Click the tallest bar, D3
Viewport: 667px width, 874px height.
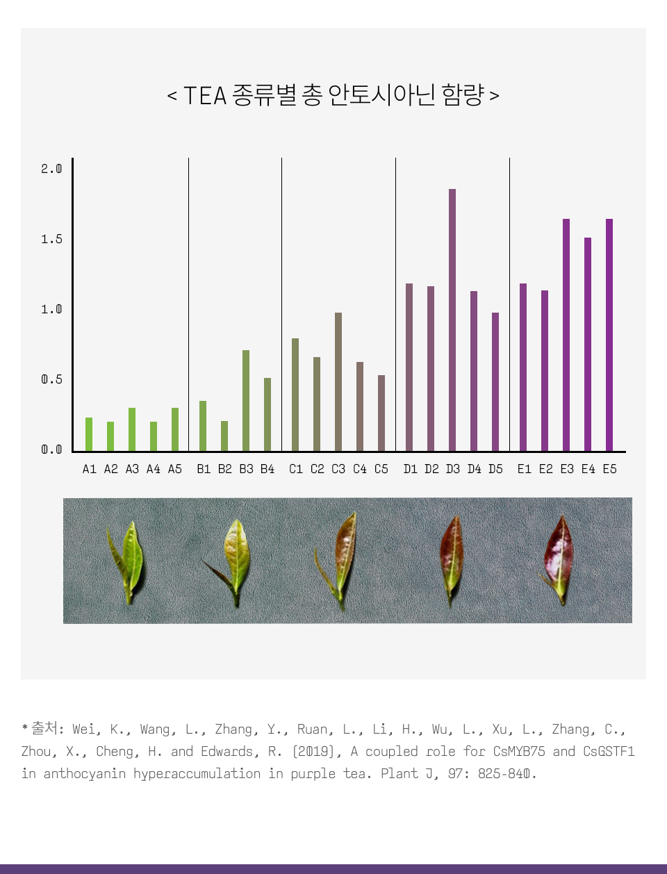click(452, 320)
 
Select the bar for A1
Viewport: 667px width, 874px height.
click(89, 434)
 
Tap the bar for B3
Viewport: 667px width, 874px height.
click(246, 400)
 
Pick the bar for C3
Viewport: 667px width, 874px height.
click(338, 381)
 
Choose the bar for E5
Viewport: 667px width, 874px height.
click(609, 335)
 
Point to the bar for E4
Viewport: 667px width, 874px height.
click(588, 344)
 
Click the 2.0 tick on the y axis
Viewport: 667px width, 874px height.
click(51, 169)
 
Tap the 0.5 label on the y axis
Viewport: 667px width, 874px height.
click(51, 379)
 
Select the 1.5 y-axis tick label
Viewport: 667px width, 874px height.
click(51, 239)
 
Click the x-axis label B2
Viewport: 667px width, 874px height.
click(225, 469)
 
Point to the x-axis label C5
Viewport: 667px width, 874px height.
click(381, 469)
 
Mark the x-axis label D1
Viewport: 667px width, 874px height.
click(411, 469)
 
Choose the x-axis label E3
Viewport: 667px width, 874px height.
click(567, 469)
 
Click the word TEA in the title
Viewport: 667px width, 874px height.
click(205, 95)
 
